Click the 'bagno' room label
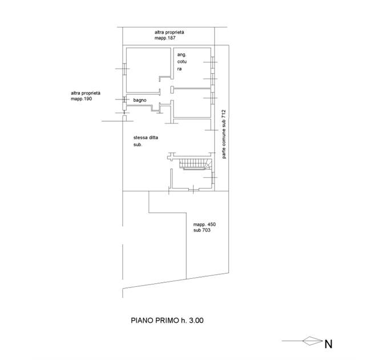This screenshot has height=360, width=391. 140,101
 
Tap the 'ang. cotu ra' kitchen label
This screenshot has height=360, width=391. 182,62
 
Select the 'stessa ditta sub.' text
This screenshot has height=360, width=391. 146,141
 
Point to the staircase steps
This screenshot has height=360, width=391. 196,164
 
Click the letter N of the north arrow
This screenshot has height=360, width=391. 328,344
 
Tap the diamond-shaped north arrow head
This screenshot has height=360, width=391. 313,341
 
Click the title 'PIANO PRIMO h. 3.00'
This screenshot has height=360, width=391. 167,321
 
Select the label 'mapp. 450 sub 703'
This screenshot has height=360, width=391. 204,227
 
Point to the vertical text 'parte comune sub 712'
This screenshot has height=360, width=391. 224,134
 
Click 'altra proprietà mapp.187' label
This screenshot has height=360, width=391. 170,35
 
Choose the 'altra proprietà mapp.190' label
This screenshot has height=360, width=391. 86,96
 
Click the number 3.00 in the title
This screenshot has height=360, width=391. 196,321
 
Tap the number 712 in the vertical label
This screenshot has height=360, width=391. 224,114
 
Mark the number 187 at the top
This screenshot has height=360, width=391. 172,38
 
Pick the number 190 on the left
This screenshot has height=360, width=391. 88,99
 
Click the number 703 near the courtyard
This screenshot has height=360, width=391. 206,230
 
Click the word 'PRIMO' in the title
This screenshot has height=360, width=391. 167,321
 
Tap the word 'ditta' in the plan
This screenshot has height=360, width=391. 154,138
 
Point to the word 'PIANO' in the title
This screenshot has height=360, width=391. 142,321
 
